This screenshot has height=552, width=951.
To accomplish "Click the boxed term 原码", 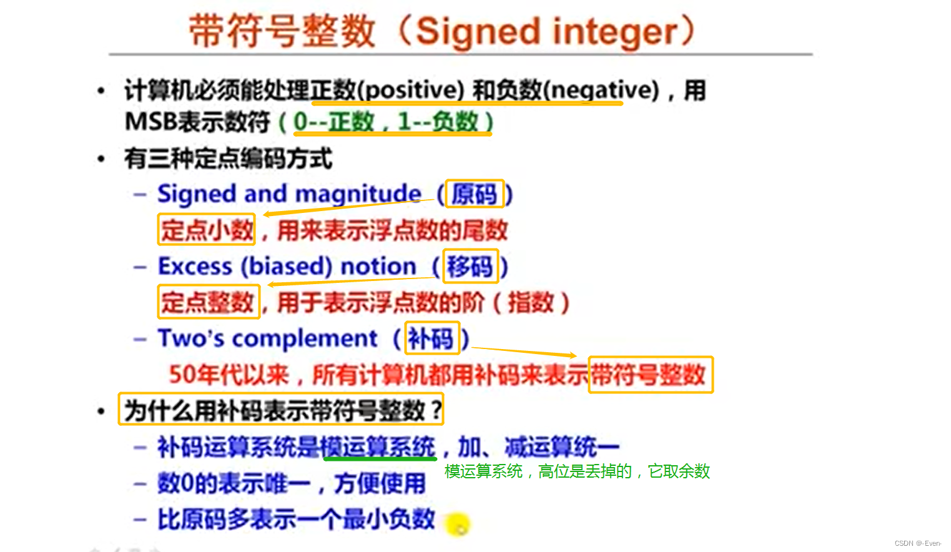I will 475,194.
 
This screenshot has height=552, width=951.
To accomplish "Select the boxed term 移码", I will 470,267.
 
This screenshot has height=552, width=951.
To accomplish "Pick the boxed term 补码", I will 431,338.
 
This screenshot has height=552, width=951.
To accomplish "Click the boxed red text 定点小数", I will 207,230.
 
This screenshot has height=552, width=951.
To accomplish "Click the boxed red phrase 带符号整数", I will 649,375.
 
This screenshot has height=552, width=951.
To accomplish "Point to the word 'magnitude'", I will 358,194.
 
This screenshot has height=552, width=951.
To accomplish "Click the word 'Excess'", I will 195,267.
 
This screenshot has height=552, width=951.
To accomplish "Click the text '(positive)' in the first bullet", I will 410,91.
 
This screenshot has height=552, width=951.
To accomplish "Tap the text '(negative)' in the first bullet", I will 602,91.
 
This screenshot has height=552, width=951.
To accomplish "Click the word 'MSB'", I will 151,122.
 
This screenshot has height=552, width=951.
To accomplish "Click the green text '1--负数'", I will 438,122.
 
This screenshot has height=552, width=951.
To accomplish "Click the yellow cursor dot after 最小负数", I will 458,525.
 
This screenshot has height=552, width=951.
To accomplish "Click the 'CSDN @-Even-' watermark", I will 917,543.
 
